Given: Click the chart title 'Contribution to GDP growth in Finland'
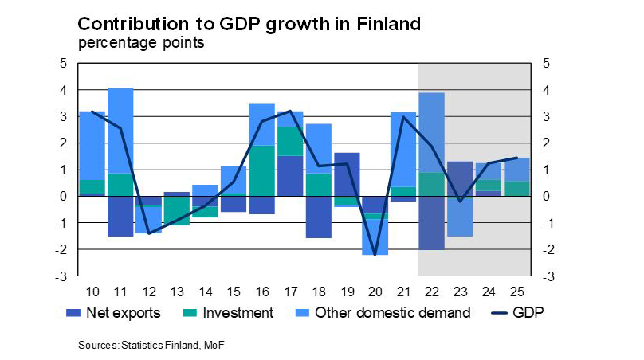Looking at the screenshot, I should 249,24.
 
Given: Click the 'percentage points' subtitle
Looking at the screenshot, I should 141,43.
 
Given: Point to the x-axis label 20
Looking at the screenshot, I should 374,290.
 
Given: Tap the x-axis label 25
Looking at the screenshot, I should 516,290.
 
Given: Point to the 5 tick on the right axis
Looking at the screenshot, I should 547,64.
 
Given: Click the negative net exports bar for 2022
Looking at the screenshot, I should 430,223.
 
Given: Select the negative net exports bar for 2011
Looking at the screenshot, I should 120,216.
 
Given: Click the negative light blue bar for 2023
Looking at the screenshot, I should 460,216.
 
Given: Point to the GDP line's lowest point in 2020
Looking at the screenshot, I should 375,255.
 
